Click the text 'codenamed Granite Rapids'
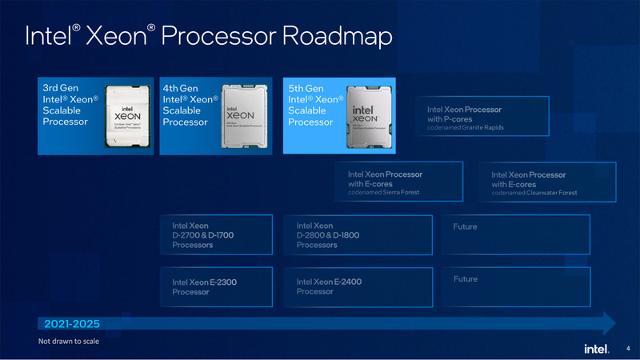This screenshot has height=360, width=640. tap(466, 128)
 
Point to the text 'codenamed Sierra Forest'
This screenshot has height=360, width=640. tap(383, 193)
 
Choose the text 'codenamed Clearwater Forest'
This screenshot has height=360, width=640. tap(534, 193)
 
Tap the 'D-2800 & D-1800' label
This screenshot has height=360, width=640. tap(328, 236)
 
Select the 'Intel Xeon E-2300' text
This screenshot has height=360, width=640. tap(204, 282)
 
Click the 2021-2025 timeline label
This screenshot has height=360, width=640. tap(72, 324)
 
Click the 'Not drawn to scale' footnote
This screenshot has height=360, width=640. tap(69, 342)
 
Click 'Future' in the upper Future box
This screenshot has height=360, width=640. tap(465, 227)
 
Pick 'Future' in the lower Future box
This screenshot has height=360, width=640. tap(465, 279)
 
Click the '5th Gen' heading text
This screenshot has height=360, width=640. tap(306, 87)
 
